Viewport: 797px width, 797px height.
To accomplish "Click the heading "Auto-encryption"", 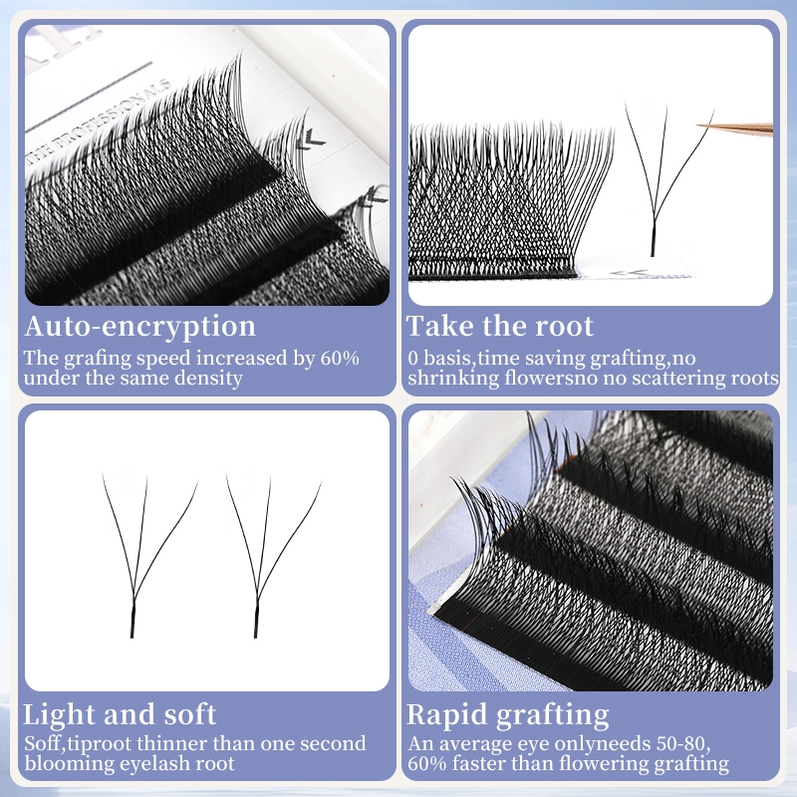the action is click(139, 327).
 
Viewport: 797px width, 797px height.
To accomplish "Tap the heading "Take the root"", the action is click(500, 326).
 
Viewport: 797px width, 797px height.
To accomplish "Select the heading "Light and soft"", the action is click(120, 714).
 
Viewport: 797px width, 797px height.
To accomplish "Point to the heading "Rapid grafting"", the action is click(508, 715).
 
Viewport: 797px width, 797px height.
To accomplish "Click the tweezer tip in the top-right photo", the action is click(698, 126).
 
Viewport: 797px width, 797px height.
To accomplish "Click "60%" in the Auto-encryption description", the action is click(340, 358).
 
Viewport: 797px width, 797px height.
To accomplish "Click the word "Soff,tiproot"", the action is click(78, 744).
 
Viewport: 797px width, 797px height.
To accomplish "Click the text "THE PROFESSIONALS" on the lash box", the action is click(99, 122).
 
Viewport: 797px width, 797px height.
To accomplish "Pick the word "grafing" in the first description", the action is click(97, 359).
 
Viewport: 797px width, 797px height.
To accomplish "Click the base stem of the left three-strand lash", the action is click(133, 619).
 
